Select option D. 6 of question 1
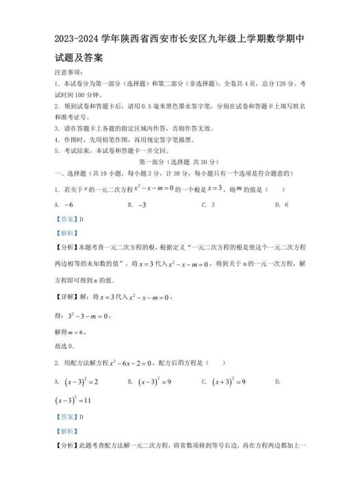281,204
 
